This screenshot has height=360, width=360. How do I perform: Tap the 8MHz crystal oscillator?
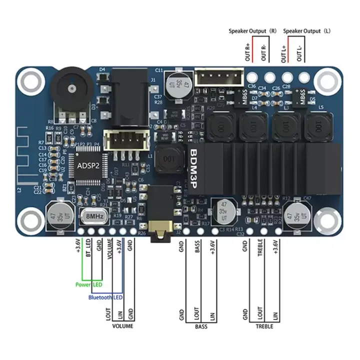point(94,217)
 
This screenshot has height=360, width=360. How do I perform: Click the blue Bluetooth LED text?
point(105,297)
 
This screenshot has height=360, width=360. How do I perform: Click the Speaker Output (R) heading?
point(252,30)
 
